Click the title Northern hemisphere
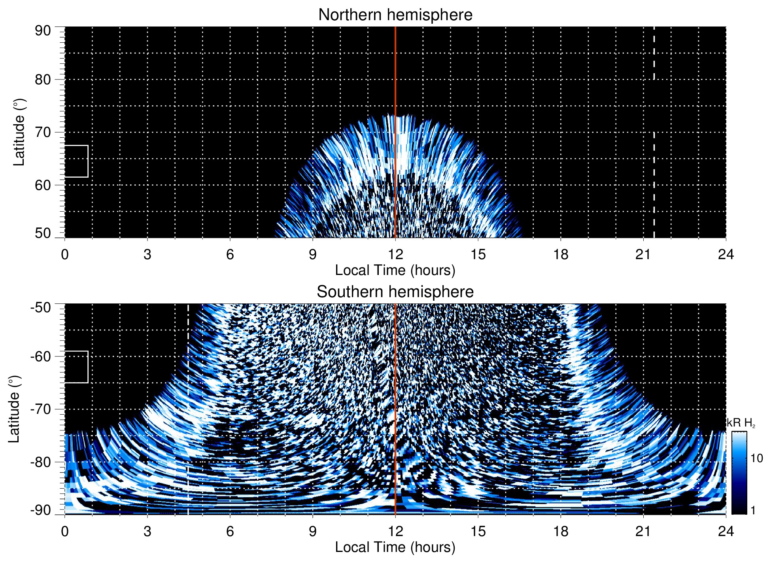coord(395,15)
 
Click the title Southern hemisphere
coord(395,292)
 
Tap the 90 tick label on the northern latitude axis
coord(43,31)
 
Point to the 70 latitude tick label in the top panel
coord(43,132)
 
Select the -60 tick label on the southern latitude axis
coord(41,356)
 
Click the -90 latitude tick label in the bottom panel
coord(41,510)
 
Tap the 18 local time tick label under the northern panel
coord(561,254)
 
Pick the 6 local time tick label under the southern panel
coord(230,531)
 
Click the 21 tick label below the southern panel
coord(643,531)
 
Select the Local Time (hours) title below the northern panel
coord(395,271)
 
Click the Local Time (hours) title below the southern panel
coord(395,548)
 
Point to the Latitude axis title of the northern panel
coord(19,132)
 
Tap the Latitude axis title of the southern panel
coord(14,409)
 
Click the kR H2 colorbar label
coord(741,423)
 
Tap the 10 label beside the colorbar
coord(756,459)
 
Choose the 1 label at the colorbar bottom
coord(753,510)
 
